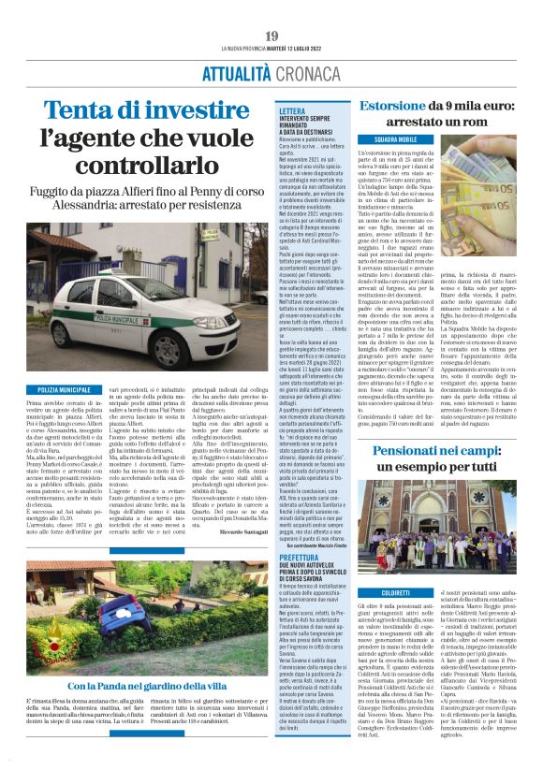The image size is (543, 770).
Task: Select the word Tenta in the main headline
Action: pos(83,109)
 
